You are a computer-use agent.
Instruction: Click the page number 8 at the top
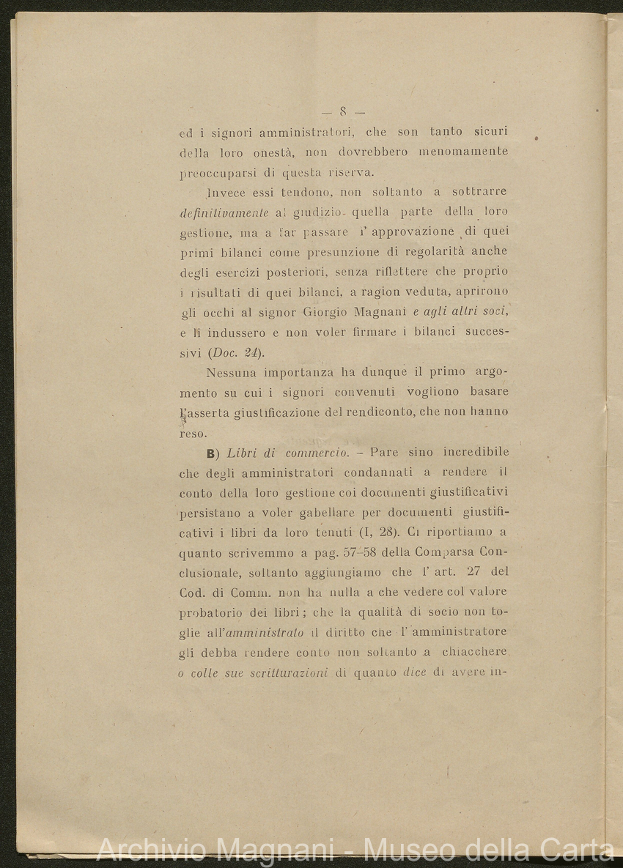coord(342,112)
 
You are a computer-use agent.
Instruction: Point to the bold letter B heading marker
coord(211,453)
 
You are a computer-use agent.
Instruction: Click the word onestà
coord(276,152)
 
